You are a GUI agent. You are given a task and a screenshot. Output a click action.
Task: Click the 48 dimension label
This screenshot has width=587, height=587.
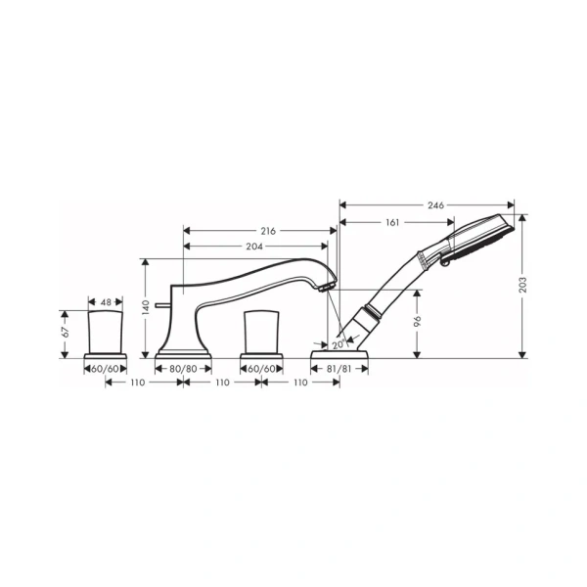tap(105, 301)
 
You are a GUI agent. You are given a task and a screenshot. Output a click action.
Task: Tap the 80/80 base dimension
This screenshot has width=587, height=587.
tap(183, 368)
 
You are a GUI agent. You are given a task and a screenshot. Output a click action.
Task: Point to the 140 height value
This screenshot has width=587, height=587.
tap(146, 306)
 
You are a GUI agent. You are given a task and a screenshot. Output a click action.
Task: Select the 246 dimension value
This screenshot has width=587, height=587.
tap(435, 205)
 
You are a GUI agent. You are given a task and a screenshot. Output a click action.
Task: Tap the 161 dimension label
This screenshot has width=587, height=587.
tap(391, 223)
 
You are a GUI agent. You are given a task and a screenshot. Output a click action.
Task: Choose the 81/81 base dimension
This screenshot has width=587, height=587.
tap(339, 368)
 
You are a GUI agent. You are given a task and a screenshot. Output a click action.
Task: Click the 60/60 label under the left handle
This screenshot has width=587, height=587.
tap(105, 368)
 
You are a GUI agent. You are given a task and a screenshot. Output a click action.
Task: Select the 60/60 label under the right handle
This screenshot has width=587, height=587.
tap(260, 368)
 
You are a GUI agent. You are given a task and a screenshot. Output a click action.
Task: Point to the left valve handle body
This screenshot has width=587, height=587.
tap(106, 332)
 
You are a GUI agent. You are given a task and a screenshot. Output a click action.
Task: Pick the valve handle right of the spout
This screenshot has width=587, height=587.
tap(260, 331)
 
